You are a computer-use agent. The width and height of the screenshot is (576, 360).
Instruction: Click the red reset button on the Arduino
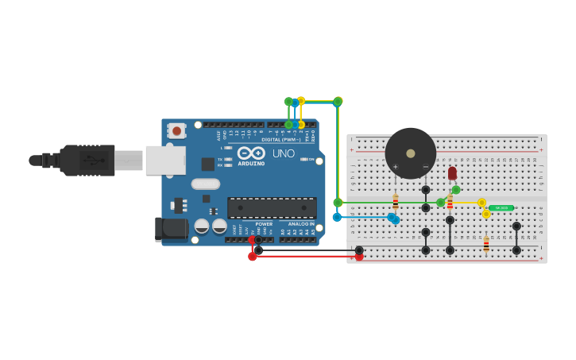tap(176, 130)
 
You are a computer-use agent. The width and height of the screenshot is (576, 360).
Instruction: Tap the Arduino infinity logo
tap(251, 153)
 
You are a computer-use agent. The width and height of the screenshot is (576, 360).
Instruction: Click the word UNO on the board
tap(284, 153)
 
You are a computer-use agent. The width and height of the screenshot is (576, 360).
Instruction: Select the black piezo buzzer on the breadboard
tap(411, 153)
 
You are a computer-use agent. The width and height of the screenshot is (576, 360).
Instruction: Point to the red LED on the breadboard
tap(452, 172)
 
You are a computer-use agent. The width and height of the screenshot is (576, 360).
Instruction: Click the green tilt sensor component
tap(501, 208)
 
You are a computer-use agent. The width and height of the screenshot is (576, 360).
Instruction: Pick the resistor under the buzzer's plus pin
tap(396, 202)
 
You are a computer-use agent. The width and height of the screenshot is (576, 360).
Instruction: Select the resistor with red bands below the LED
tap(450, 203)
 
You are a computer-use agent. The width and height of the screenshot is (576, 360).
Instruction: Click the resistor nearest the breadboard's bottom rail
tap(486, 245)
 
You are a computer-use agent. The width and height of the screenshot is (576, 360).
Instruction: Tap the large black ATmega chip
tap(272, 207)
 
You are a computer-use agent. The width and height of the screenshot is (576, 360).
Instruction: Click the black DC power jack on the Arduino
tap(172, 230)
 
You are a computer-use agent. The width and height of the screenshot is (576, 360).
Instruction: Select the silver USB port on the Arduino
tap(165, 160)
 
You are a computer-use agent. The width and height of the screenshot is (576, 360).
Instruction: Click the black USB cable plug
tap(87, 160)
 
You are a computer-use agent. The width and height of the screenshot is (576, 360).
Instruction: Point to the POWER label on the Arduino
tap(264, 224)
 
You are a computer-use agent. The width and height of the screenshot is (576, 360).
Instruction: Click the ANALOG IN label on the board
tap(300, 224)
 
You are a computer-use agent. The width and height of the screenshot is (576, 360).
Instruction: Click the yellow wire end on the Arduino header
tap(301, 125)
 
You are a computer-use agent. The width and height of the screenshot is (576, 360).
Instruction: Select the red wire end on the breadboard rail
tap(359, 257)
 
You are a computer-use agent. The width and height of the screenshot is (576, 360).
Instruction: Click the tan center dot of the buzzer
tap(411, 153)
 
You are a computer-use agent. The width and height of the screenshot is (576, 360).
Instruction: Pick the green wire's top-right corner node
tap(338, 102)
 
